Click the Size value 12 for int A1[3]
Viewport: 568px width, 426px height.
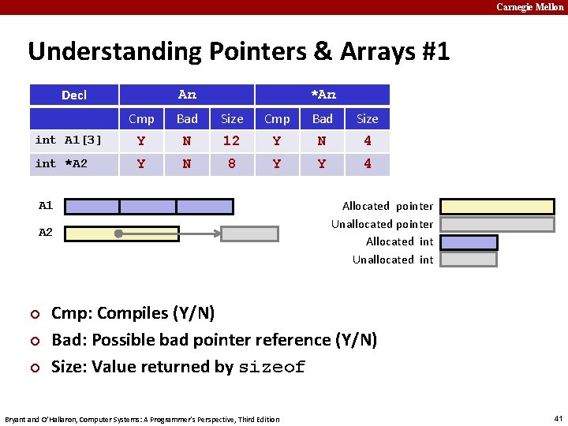click(231, 141)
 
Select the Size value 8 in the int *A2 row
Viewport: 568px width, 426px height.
click(231, 164)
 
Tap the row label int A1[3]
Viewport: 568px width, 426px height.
click(69, 140)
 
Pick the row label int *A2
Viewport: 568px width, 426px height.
click(62, 164)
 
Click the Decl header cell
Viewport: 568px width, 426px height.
click(74, 95)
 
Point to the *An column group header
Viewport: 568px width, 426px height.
click(323, 95)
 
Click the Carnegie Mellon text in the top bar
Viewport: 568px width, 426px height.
click(530, 7)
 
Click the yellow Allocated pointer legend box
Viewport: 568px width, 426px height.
click(469, 207)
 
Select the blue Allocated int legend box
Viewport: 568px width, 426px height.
click(469, 242)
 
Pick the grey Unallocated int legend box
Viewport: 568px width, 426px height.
click(469, 260)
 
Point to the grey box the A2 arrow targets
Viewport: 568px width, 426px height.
click(249, 234)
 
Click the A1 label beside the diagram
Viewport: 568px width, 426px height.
click(46, 206)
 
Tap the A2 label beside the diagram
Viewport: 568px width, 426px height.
click(46, 233)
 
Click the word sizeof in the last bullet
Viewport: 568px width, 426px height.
click(271, 368)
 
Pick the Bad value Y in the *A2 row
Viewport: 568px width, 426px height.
click(322, 164)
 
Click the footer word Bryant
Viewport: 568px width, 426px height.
click(17, 419)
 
